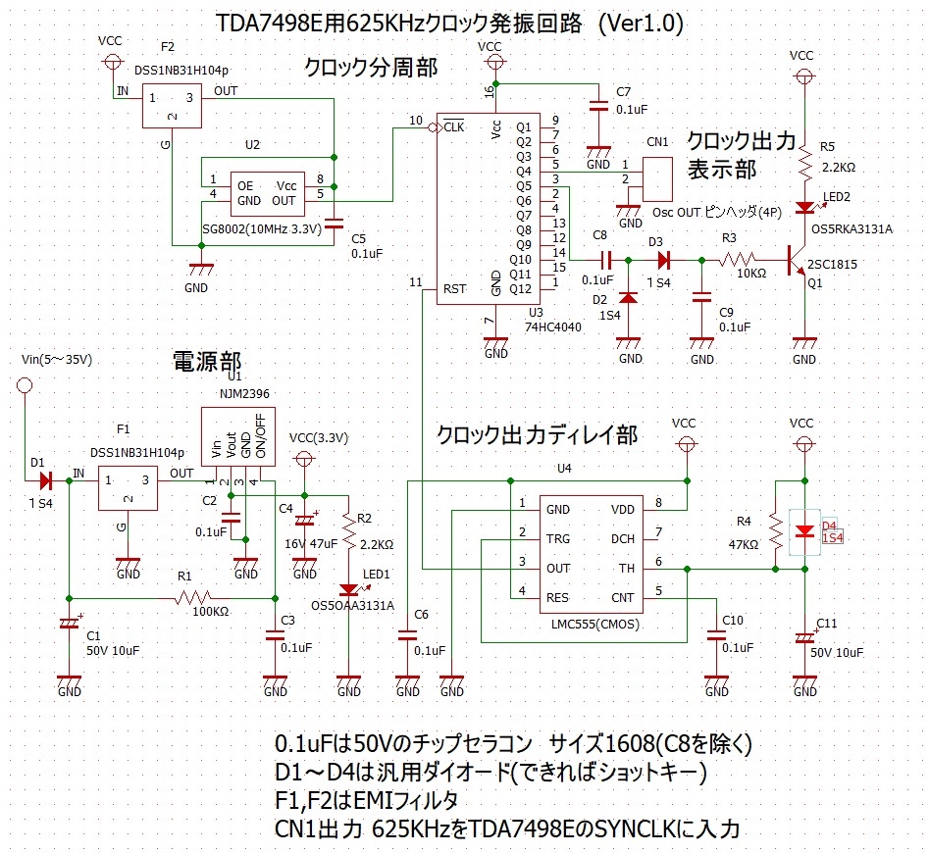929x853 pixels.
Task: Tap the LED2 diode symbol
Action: [x=804, y=207]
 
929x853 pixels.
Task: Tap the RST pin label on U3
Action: [x=454, y=288]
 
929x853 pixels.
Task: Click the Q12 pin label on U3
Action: [x=521, y=288]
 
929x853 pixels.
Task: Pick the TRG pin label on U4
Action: [x=557, y=538]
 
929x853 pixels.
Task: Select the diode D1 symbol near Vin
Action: [x=45, y=481]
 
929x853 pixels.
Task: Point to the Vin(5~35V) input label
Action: [x=56, y=360]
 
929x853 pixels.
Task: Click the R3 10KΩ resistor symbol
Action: [x=742, y=261]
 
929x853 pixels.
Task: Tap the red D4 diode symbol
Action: [x=804, y=531]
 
